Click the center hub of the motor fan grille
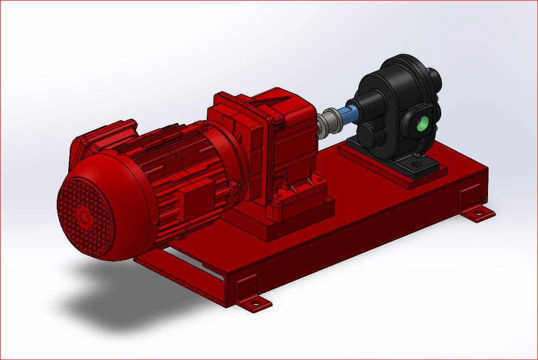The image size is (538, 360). click(x=85, y=217)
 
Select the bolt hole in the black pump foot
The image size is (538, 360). click(x=416, y=164)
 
